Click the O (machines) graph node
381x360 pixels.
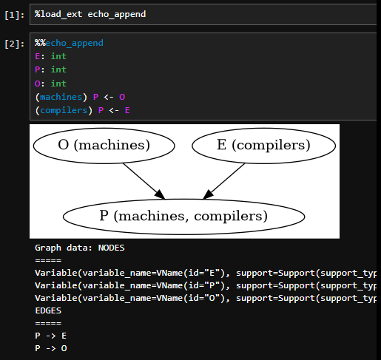click(x=104, y=146)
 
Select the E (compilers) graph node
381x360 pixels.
click(x=263, y=146)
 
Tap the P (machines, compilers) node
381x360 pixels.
click(x=184, y=217)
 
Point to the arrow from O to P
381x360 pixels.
click(x=144, y=181)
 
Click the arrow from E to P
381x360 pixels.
click(x=223, y=181)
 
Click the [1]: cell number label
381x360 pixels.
click(x=15, y=15)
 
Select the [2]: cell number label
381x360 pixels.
click(x=15, y=44)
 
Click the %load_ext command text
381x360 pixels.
click(x=58, y=14)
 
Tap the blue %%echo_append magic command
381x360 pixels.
click(x=69, y=43)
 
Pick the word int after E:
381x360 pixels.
click(x=58, y=56)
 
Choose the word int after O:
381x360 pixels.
click(x=58, y=84)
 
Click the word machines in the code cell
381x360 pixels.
click(x=61, y=97)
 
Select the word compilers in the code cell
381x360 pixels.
click(x=64, y=110)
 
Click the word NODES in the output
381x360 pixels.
click(x=112, y=248)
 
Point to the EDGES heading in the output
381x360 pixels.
click(x=48, y=310)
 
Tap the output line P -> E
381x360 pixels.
click(x=51, y=336)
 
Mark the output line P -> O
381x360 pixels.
click(x=51, y=348)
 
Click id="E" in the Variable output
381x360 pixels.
click(x=203, y=273)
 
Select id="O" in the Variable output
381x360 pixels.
click(x=203, y=298)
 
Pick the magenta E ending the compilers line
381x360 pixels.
click(x=127, y=110)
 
